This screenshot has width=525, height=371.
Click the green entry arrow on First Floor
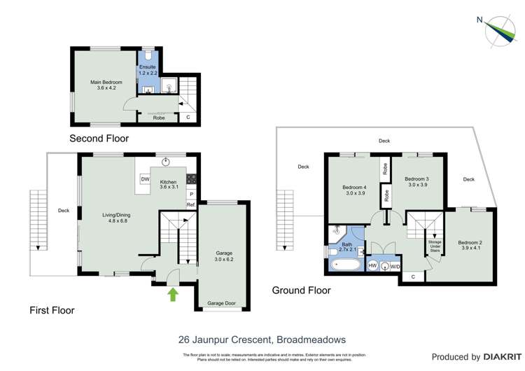coord(172,294)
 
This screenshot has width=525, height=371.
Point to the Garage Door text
coord(223,303)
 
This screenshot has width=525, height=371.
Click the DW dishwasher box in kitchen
coord(145,180)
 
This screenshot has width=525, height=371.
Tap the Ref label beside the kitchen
coord(190,204)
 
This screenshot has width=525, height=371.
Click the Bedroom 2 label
coord(471,246)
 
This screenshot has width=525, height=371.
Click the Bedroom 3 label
coord(417,182)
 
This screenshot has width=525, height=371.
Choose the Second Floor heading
coord(99,139)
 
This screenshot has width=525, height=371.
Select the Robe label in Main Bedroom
coord(160,118)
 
